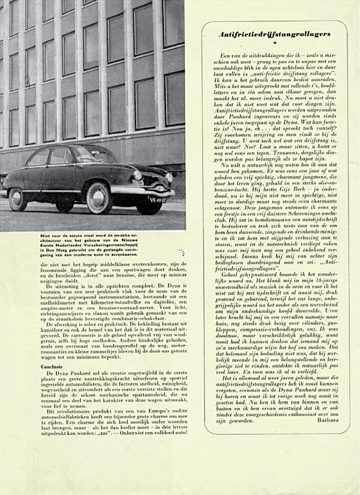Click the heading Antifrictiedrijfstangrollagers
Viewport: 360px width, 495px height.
click(x=274, y=34)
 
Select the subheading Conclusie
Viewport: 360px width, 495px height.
click(x=52, y=367)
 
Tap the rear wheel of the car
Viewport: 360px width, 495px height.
click(x=18, y=199)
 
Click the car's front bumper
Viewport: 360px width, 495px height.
click(x=135, y=191)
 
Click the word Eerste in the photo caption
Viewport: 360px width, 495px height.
click(x=49, y=246)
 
